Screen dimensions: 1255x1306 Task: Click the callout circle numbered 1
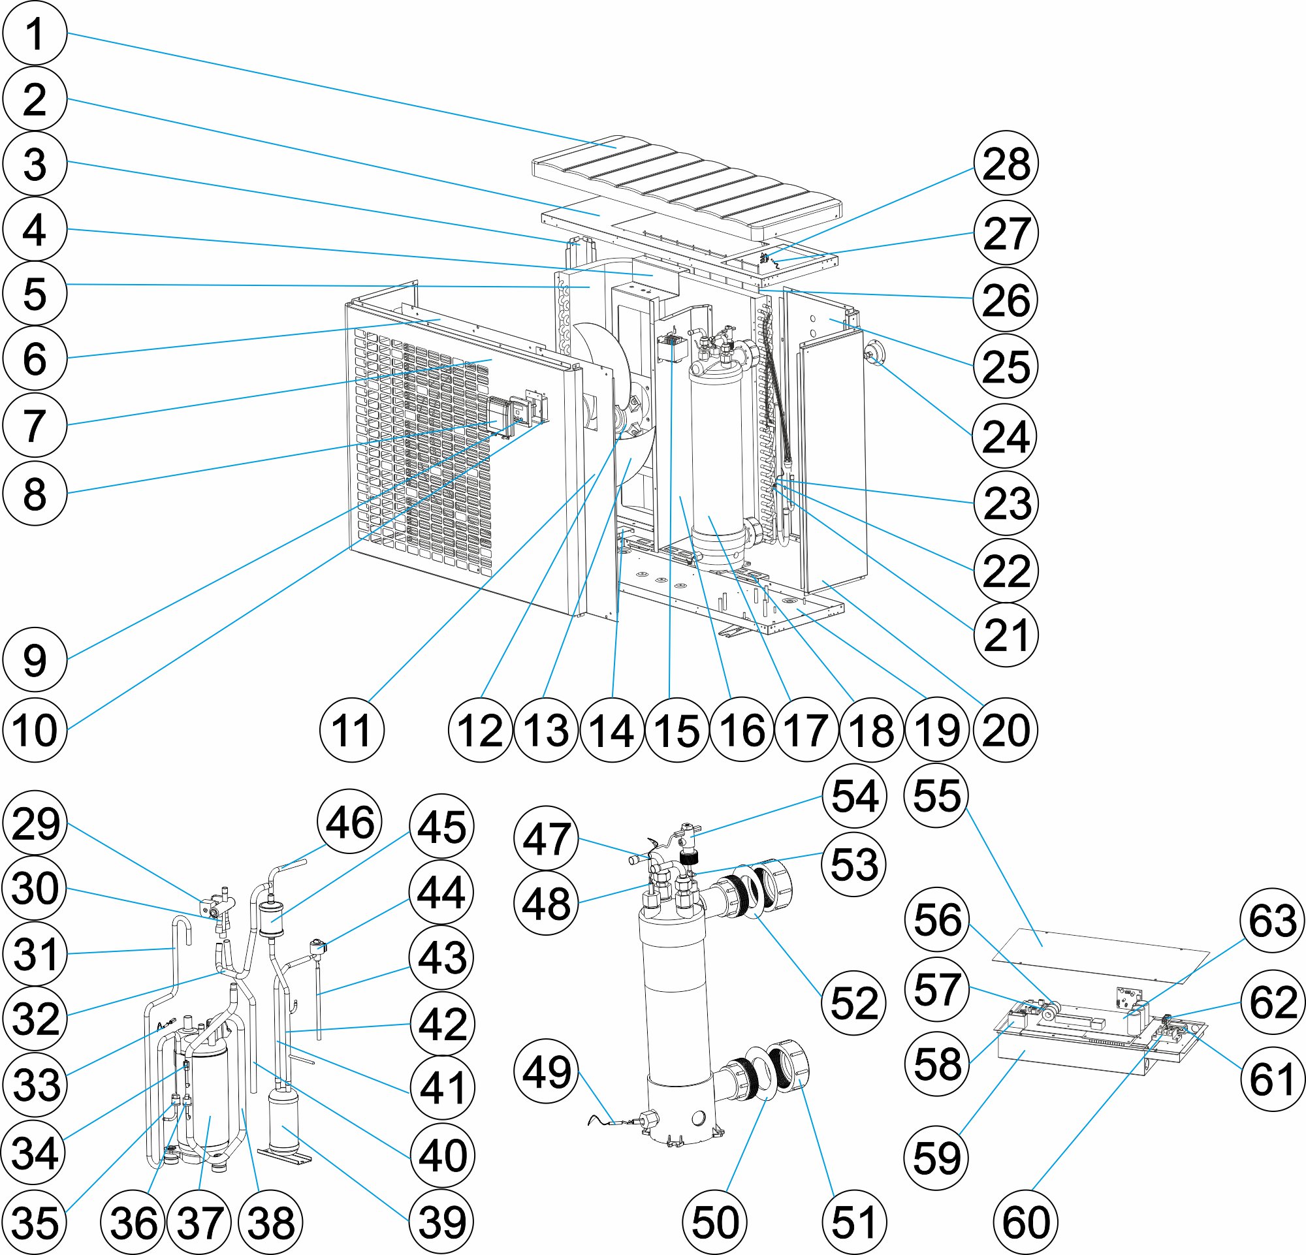35,33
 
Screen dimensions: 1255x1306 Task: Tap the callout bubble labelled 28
1006,163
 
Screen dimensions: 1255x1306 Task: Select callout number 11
351,730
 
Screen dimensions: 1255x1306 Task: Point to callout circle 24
1006,436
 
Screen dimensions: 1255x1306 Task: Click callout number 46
350,822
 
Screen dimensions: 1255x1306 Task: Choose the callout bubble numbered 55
937,795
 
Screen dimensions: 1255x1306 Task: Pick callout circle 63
1272,921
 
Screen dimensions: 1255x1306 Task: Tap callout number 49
547,1072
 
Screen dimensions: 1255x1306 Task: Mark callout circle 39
442,1221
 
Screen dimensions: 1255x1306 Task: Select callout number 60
1025,1221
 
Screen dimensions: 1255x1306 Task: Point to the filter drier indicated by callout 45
271,919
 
